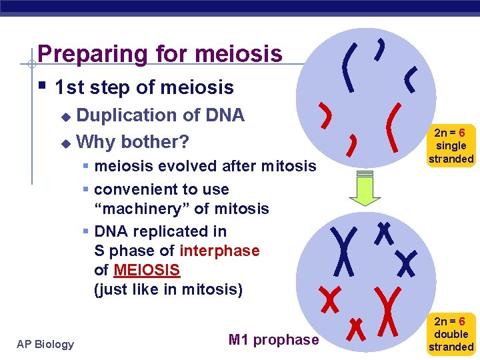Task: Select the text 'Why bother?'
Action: [133, 142]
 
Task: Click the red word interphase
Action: [219, 251]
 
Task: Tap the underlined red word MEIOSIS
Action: [147, 270]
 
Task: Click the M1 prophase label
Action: [273, 340]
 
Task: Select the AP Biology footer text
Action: [45, 344]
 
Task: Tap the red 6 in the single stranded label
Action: [461, 133]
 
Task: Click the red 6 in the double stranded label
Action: [461, 322]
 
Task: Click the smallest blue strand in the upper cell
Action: [380, 47]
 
